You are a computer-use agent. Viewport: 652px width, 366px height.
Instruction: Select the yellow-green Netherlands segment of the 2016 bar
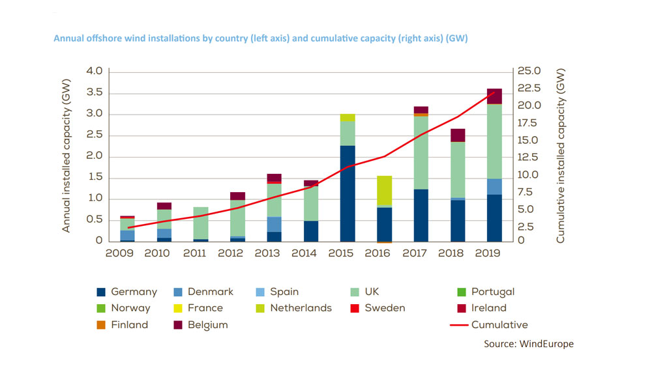(384, 190)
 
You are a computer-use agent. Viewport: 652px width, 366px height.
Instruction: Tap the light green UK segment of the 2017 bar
(421, 153)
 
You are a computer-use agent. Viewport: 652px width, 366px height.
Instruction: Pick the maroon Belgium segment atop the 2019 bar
(494, 96)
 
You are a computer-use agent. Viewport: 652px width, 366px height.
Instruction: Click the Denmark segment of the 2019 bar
(494, 186)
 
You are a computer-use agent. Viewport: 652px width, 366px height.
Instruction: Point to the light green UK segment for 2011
(201, 223)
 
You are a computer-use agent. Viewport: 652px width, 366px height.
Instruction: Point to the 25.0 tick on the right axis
(529, 71)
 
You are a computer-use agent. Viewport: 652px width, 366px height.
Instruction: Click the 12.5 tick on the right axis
(529, 158)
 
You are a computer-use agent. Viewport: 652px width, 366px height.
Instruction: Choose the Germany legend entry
(127, 292)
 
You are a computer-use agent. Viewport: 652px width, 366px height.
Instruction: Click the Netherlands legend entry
(293, 307)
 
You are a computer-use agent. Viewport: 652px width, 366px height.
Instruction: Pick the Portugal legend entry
(486, 292)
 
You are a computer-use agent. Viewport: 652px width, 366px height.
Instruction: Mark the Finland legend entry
(122, 324)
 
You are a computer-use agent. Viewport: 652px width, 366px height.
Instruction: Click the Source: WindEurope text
(528, 343)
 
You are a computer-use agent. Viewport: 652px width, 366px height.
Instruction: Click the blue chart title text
(261, 38)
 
